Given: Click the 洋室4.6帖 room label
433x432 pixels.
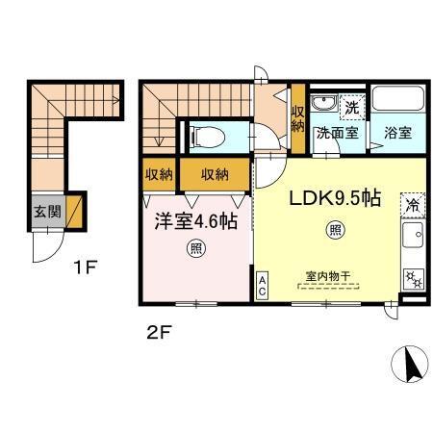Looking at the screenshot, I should pos(198,219).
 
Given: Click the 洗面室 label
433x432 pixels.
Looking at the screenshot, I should pos(339,134).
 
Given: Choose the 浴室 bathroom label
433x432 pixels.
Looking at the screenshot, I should pos(397,134).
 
